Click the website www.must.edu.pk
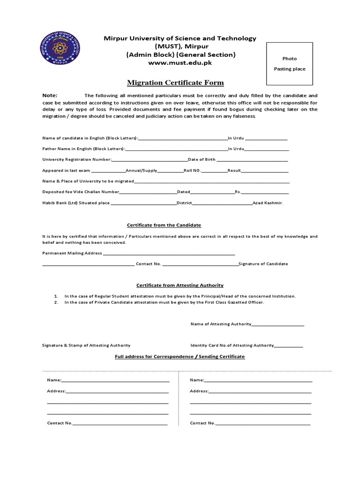(x=180, y=63)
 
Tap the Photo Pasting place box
(x=290, y=64)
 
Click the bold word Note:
(x=49, y=95)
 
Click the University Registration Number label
(x=76, y=159)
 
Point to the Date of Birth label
(x=202, y=159)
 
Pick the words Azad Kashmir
(x=268, y=203)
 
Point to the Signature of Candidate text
(x=263, y=264)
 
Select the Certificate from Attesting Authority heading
(x=180, y=285)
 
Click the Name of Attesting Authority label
(x=221, y=324)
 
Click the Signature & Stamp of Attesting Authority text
(x=86, y=345)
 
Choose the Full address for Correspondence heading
(x=180, y=357)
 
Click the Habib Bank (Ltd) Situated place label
(x=76, y=203)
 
